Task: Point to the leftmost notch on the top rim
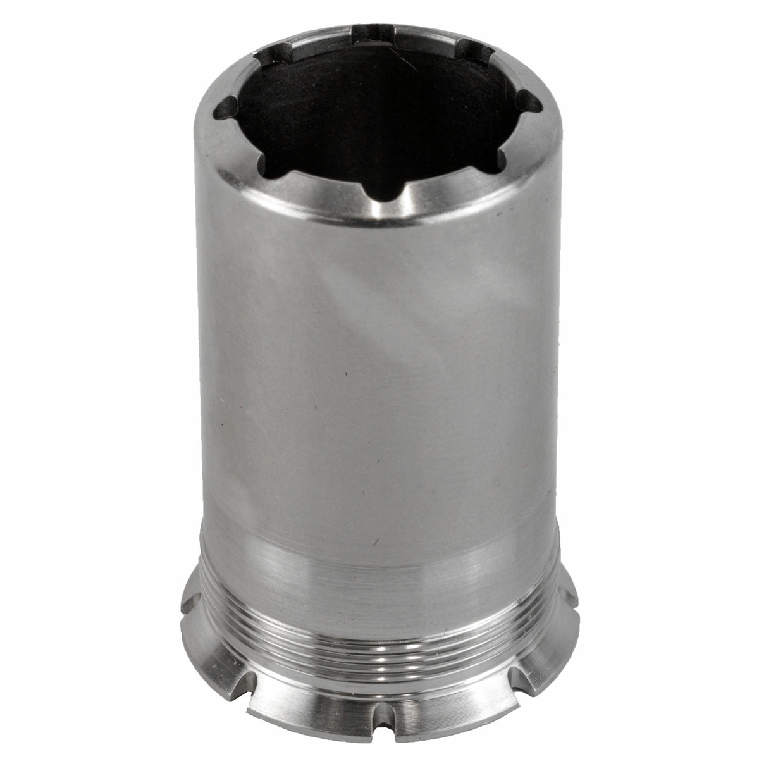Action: (225, 114)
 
